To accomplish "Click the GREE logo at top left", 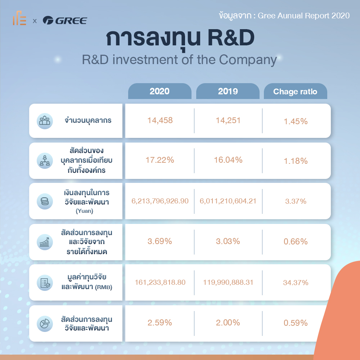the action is coord(65,21).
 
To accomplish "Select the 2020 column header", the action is coord(159,91).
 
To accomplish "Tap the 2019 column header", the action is coord(228,91).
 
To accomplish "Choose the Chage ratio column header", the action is coord(295,91).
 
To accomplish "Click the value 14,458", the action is coord(160,120).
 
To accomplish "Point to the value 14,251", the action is coord(228,120).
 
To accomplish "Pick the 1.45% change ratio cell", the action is coord(296,121).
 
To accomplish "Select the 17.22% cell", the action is coord(160,160).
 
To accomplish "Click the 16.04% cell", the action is coord(228,160).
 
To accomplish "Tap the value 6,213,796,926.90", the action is coord(160,201).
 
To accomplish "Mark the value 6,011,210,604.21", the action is coord(228,201).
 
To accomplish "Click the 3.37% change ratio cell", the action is coord(296,201).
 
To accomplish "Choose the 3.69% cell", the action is coord(159,241).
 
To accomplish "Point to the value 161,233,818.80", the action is coord(160,282).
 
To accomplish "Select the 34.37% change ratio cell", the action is coord(296,282).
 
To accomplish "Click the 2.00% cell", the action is coord(228,323).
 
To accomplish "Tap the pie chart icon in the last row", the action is coord(45,324).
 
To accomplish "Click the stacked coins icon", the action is coord(45,201).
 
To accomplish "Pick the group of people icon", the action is coord(45,121).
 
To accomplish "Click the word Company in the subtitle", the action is coord(248,60).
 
